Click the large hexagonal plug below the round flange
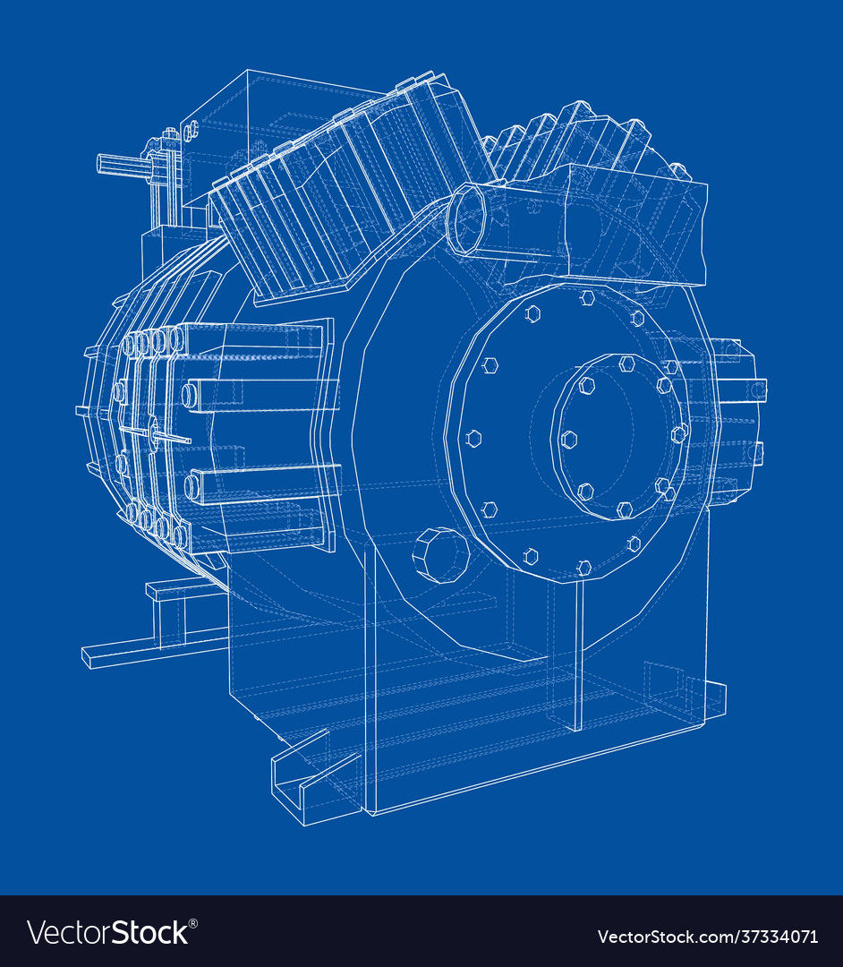pos(440,555)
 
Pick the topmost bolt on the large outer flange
pos(587,297)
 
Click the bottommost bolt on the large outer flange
pos(583,567)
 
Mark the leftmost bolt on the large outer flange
pos(474,439)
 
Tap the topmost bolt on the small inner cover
pos(626,364)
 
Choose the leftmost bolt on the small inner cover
pos(568,440)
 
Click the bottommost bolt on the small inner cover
pos(625,509)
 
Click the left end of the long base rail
pos(89,657)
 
